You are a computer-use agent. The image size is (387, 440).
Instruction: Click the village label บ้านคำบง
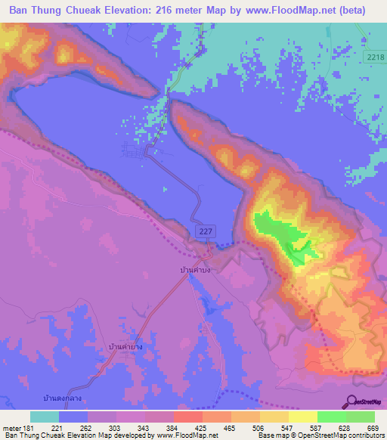(194, 268)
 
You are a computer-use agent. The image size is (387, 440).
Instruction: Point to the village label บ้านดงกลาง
(62, 397)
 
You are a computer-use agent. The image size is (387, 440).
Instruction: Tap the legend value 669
(372, 429)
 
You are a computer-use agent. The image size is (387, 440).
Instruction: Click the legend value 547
(276, 429)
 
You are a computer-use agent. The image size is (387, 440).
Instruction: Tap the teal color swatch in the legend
(44, 417)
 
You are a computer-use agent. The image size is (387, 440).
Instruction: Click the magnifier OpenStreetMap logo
(351, 401)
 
